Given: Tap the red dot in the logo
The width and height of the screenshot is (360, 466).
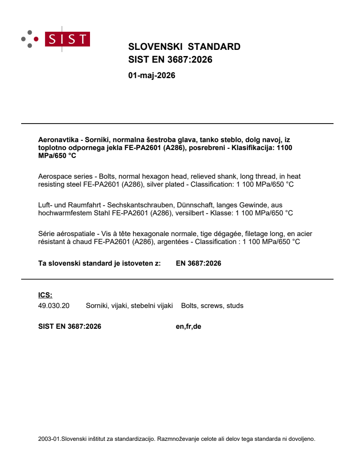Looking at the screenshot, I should point(36,39).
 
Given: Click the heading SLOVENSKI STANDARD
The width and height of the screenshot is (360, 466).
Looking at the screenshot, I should point(184,47).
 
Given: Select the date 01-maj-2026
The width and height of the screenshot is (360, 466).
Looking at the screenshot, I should point(151,75).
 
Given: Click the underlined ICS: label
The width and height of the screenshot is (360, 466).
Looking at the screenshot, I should point(45,295).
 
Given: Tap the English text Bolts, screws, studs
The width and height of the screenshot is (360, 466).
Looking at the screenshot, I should point(212,305).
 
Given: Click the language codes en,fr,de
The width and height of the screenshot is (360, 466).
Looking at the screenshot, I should point(188,327).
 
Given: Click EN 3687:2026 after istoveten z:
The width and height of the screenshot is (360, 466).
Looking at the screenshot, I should point(199,263).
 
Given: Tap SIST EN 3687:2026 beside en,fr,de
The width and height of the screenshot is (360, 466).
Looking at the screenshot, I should point(70,327).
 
